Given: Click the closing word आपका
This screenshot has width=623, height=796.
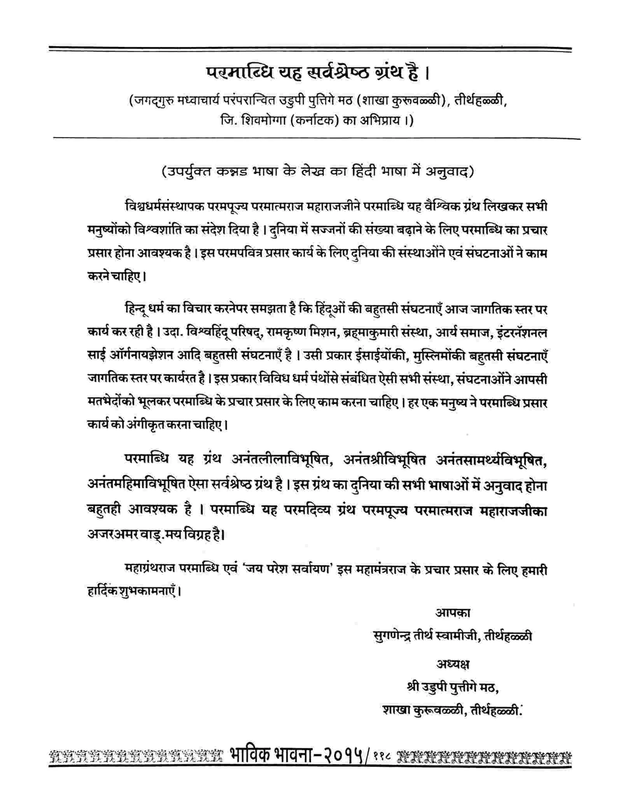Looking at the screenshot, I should [452, 613].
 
